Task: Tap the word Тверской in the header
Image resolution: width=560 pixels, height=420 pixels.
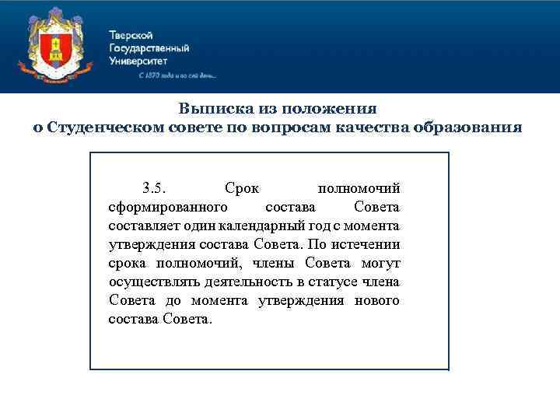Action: [x=131, y=36]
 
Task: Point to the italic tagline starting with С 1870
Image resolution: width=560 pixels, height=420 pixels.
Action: [x=177, y=76]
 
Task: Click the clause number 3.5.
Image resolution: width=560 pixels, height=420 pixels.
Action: [x=153, y=188]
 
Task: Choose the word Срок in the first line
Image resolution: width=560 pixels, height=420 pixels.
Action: [x=242, y=188]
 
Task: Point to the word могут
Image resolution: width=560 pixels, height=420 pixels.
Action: [x=380, y=263]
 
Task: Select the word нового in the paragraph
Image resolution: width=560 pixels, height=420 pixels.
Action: [x=376, y=300]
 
